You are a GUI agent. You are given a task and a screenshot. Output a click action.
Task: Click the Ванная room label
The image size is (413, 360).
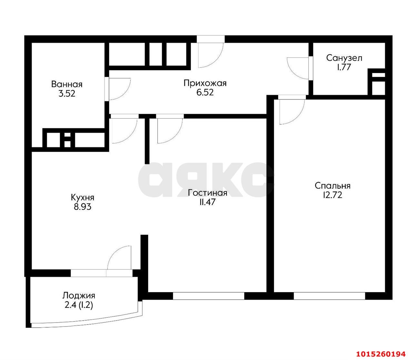click(x=67, y=84)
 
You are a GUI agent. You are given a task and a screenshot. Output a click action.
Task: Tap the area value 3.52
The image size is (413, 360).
click(x=67, y=94)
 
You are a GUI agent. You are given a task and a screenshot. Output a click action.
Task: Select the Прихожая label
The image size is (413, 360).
click(x=205, y=83)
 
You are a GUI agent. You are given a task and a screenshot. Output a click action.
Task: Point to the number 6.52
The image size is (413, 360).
click(x=205, y=92)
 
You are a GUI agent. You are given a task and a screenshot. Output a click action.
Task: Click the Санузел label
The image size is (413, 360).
click(x=344, y=58)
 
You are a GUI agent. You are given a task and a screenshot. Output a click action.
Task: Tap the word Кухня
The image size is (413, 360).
click(x=82, y=198)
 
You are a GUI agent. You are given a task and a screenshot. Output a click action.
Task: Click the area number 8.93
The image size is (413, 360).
click(x=82, y=207)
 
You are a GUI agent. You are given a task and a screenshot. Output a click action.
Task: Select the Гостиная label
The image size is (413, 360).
click(x=207, y=193)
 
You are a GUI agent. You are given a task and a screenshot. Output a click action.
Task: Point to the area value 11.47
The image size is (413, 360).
click(x=207, y=202)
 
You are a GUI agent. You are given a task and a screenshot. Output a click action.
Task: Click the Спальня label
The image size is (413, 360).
click(x=332, y=186)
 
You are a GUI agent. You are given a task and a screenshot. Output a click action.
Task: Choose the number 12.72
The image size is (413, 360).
click(x=332, y=195)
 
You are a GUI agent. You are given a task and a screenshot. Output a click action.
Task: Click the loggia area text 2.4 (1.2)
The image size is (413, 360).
click(x=79, y=305)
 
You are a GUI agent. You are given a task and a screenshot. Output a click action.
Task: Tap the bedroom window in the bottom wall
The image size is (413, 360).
click(x=329, y=296)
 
